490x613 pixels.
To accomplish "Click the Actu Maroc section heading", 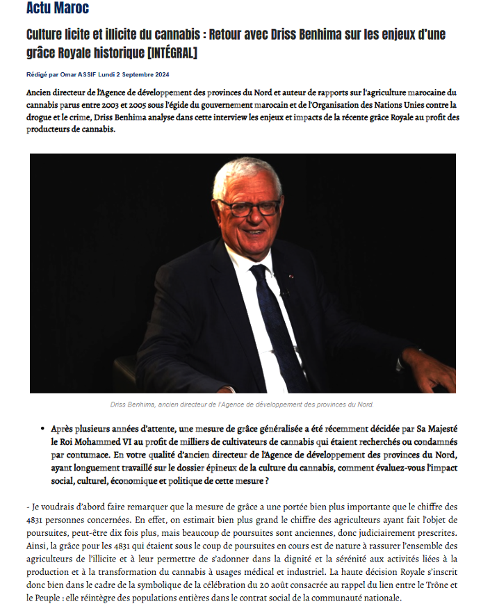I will (57, 9).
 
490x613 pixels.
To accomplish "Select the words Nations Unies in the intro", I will (389, 105).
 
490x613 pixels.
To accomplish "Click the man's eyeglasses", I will (247, 208).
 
